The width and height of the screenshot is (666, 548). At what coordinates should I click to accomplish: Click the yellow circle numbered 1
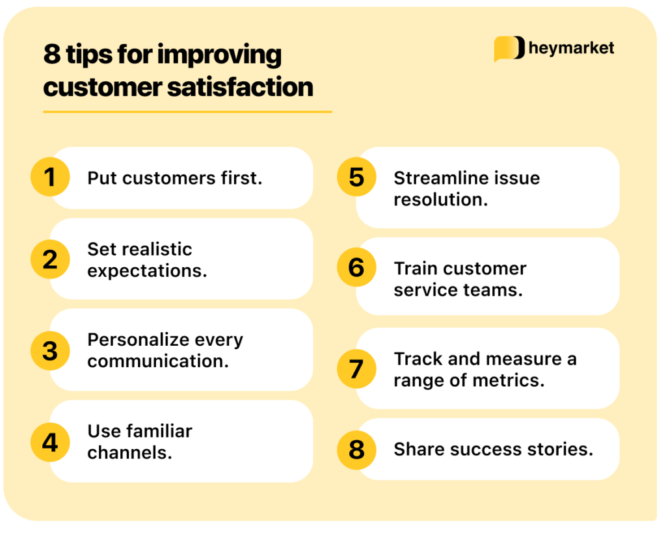[x=50, y=177]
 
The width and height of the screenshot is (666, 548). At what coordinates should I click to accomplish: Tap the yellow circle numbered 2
[x=50, y=259]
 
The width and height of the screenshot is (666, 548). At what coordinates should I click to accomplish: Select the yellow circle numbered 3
[x=50, y=350]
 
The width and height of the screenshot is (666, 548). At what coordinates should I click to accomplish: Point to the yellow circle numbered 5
[x=356, y=177]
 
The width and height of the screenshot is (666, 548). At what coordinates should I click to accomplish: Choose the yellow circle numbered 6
[x=356, y=267]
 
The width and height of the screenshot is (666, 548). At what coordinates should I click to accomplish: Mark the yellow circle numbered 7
[x=356, y=369]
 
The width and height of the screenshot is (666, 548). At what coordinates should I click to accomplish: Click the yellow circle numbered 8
[x=356, y=449]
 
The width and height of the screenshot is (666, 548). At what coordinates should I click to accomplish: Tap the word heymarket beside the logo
[x=572, y=49]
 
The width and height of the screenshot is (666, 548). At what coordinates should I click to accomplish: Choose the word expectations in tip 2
[x=147, y=270]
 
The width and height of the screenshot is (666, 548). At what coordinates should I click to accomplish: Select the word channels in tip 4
[x=129, y=452]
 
